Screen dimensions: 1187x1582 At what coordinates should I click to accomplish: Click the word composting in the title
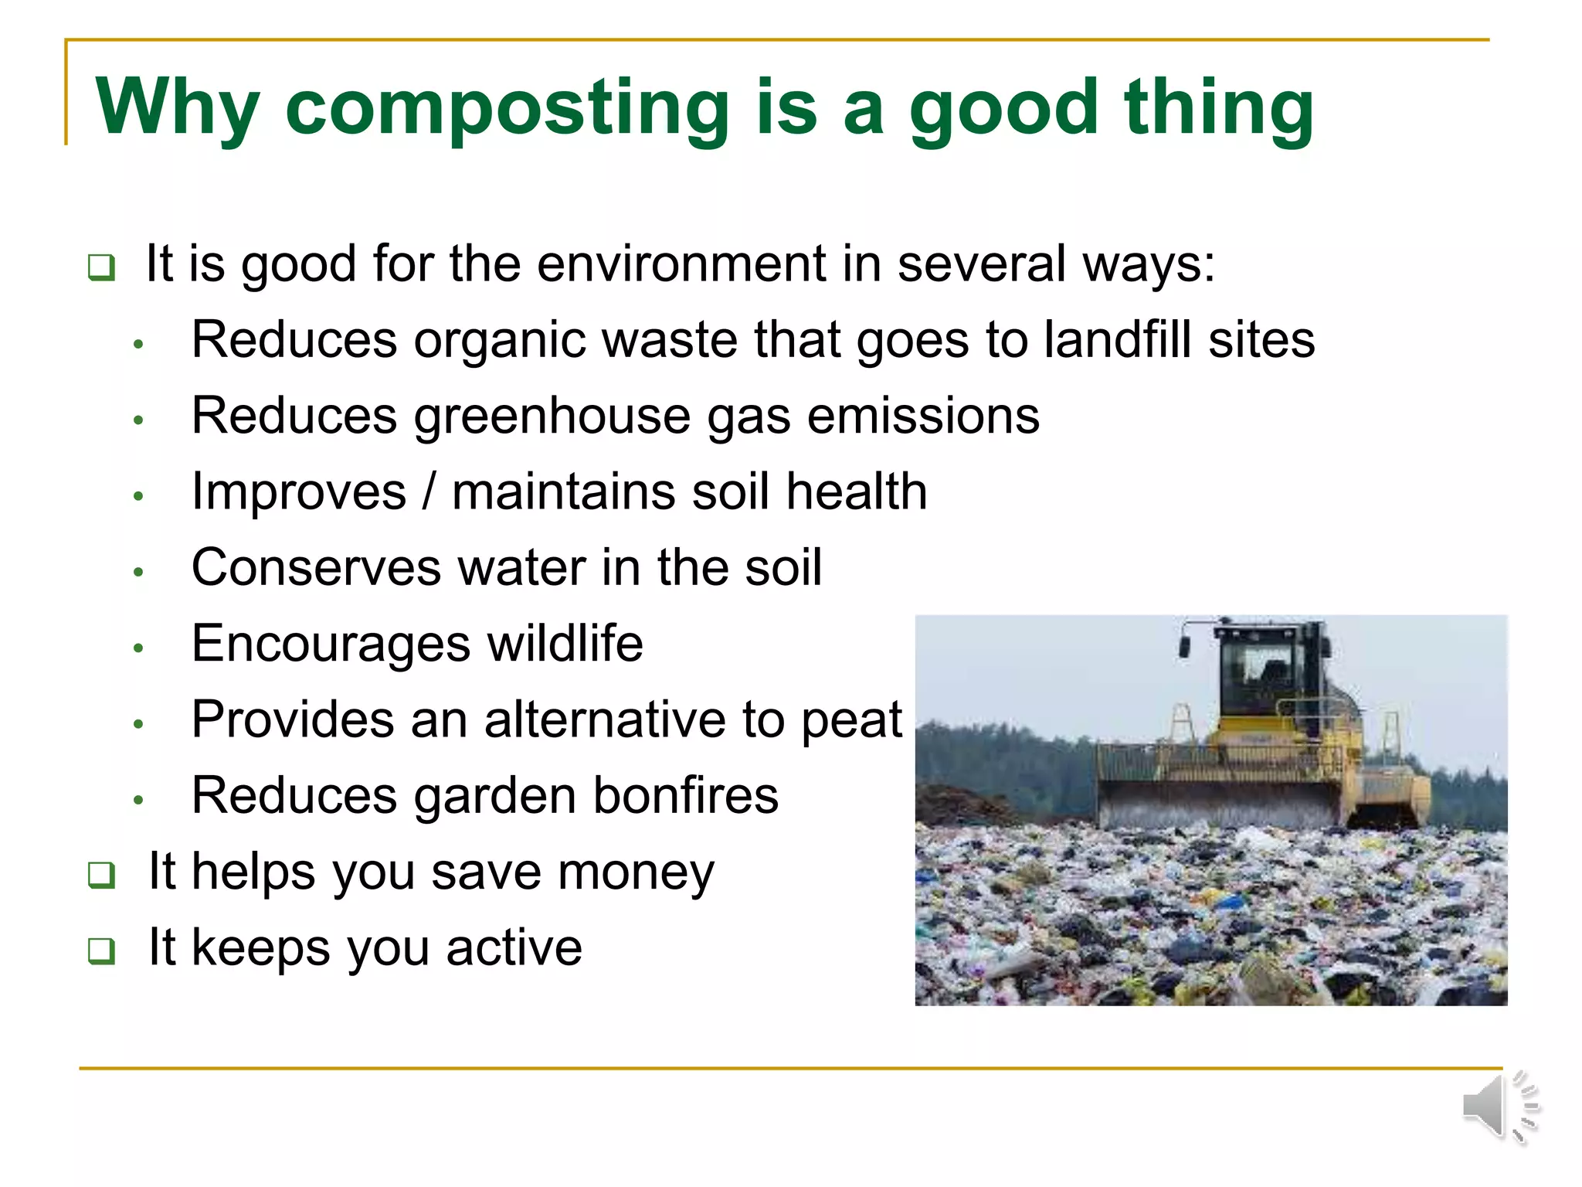tap(507, 108)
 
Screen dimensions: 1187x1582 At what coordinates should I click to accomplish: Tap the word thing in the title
tap(1218, 108)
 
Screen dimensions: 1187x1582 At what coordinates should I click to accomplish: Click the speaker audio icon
tap(1499, 1107)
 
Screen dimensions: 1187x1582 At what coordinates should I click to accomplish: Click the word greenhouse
tap(552, 416)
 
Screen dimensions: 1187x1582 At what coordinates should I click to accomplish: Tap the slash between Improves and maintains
tap(429, 491)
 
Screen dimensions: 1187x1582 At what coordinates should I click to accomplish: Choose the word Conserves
tap(316, 567)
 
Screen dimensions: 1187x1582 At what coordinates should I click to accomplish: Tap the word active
tap(514, 947)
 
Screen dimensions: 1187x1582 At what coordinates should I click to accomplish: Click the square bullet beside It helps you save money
tap(101, 875)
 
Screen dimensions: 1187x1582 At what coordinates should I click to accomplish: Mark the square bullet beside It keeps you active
tap(101, 951)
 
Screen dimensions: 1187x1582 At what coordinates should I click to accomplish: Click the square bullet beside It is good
tap(101, 267)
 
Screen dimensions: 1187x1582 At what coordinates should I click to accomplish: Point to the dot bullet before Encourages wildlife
tap(139, 648)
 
